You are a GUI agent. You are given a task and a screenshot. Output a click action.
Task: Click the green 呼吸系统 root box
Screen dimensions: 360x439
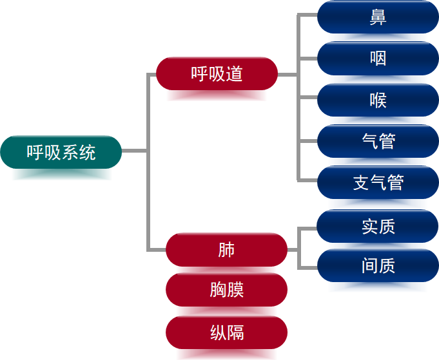click(x=61, y=152)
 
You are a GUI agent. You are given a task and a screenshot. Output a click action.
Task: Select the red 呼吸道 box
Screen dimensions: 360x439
click(x=217, y=74)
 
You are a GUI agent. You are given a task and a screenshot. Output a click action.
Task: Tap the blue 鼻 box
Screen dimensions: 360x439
click(x=378, y=17)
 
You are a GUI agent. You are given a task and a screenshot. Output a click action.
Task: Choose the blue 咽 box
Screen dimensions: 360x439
click(x=378, y=59)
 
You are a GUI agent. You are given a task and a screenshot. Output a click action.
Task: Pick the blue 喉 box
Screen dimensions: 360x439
click(x=378, y=100)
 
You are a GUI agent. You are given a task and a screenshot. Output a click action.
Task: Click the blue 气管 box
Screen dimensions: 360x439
click(x=378, y=141)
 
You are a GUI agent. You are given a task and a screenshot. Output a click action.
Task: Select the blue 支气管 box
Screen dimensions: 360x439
click(x=378, y=182)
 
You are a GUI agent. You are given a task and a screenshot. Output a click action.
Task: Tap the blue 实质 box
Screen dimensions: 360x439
click(x=378, y=226)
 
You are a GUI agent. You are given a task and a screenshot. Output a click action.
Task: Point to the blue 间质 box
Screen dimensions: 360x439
click(x=378, y=265)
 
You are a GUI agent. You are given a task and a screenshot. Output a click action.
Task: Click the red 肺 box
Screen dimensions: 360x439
click(x=226, y=250)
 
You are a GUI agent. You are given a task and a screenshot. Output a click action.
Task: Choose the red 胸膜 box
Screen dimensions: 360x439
click(x=226, y=290)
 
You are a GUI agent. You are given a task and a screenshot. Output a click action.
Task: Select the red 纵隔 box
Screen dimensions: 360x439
click(x=226, y=333)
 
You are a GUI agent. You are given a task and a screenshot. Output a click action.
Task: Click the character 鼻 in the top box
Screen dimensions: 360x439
click(x=378, y=17)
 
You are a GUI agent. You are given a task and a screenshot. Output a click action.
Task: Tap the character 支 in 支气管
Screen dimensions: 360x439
click(x=361, y=182)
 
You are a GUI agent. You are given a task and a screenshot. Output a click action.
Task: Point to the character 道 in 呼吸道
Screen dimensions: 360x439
click(x=235, y=74)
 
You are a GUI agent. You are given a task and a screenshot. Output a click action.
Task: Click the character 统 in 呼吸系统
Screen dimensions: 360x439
click(x=87, y=153)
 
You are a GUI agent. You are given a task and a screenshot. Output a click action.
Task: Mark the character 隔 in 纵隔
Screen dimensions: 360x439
click(x=235, y=333)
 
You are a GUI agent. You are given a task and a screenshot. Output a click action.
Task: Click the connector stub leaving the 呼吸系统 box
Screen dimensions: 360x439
click(x=134, y=151)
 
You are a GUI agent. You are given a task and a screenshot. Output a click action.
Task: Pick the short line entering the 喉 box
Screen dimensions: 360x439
click(x=307, y=100)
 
